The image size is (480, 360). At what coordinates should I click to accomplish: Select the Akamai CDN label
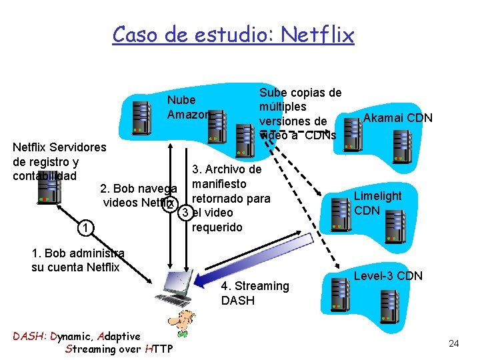[397, 118]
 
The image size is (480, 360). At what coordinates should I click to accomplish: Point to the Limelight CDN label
[377, 203]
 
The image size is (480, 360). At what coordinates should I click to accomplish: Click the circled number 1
[81, 229]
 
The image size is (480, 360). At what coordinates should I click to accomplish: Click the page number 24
[454, 343]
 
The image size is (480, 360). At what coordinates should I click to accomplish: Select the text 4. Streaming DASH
[255, 293]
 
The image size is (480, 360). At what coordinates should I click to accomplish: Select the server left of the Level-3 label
[340, 287]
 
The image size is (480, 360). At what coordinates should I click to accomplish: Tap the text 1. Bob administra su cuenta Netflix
[75, 261]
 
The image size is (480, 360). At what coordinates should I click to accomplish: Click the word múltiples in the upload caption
[282, 107]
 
